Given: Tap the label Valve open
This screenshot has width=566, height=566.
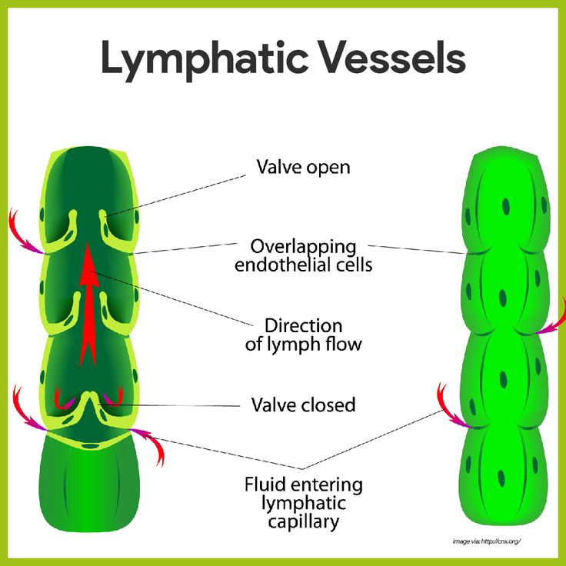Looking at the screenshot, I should pos(302,166).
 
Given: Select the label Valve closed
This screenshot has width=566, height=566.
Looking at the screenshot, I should pos(304,404).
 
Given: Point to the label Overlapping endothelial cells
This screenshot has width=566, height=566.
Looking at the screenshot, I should pos(303,256).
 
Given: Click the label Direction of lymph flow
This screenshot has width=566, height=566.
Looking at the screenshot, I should pos(303,335).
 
